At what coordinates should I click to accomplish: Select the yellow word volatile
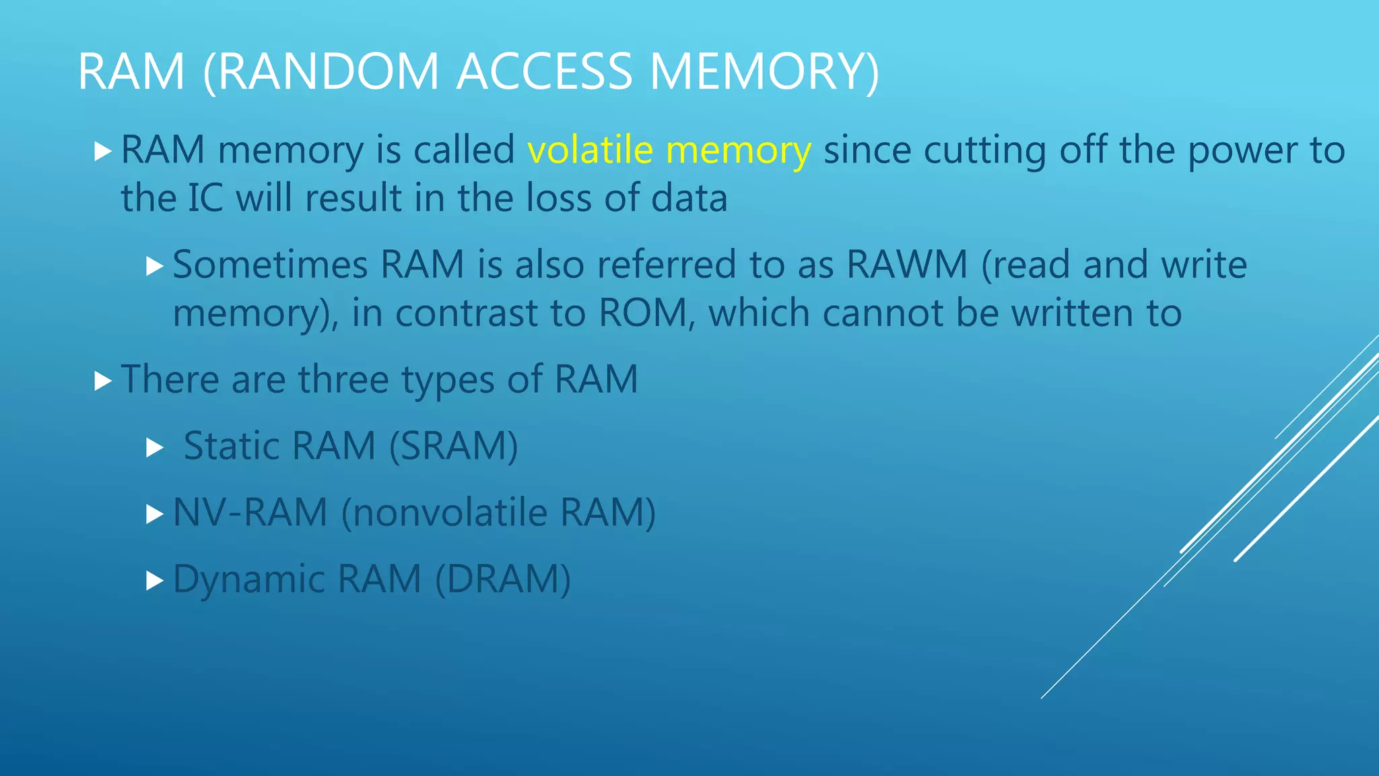(x=590, y=150)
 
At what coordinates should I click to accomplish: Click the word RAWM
(x=907, y=264)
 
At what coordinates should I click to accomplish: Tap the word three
(x=343, y=379)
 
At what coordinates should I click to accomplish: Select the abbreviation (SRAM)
(x=453, y=446)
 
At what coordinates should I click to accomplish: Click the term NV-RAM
(x=250, y=513)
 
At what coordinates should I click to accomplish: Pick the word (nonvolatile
(x=444, y=513)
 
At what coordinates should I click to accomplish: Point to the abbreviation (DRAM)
(x=503, y=579)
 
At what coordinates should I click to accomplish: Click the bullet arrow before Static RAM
(x=155, y=447)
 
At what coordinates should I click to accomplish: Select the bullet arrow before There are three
(x=102, y=381)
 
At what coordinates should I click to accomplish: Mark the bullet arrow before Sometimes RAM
(x=155, y=266)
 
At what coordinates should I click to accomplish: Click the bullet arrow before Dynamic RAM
(x=155, y=580)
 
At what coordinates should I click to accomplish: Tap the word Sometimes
(x=270, y=264)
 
